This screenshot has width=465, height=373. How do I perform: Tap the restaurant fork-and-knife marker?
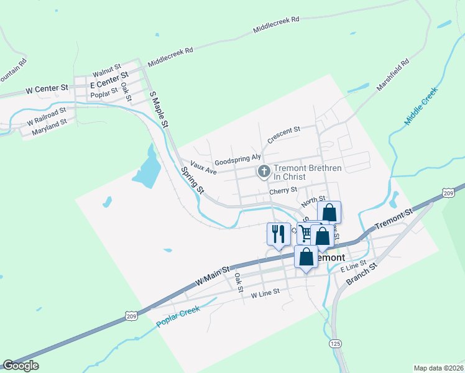278,234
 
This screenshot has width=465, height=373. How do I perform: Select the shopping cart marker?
306,233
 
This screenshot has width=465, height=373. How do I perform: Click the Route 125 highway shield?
336,344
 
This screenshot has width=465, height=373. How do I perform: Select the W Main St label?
213,274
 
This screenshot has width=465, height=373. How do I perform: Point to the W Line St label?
265,291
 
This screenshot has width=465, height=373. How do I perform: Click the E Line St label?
354,267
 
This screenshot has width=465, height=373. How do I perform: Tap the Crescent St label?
283,134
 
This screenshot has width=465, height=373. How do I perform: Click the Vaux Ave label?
203,168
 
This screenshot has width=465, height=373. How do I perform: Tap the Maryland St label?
49,126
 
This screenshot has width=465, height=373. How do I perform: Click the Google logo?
21,366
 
